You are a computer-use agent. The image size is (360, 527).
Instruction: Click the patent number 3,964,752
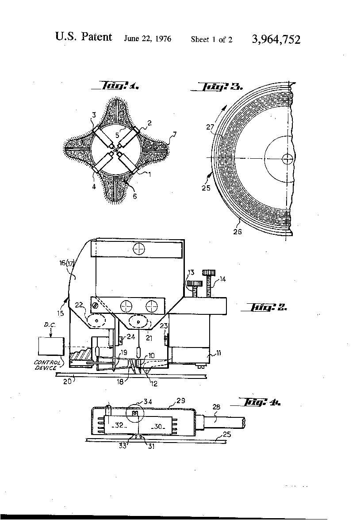pyautogui.click(x=276, y=40)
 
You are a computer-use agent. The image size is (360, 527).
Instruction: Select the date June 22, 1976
pyautogui.click(x=147, y=39)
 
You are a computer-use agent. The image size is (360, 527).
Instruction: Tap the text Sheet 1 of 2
pyautogui.click(x=211, y=40)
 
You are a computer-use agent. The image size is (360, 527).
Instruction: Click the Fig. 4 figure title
pyautogui.click(x=260, y=402)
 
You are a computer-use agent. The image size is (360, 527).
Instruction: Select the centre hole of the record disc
pyautogui.click(x=287, y=158)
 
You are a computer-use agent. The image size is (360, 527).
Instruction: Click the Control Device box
pyautogui.click(x=51, y=346)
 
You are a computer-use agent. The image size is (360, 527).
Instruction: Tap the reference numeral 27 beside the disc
pyautogui.click(x=210, y=127)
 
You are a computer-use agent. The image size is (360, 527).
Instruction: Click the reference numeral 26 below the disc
pyautogui.click(x=237, y=232)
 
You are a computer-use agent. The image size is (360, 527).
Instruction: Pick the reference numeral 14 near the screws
pyautogui.click(x=222, y=279)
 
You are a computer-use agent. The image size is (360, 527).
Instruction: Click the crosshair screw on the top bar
pyautogui.click(x=138, y=249)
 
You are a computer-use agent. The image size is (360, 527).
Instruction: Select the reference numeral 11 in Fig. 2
pyautogui.click(x=218, y=353)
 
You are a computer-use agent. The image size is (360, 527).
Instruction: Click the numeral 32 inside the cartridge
pyautogui.click(x=119, y=425)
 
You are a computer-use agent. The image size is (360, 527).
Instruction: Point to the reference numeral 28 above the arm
pyautogui.click(x=216, y=407)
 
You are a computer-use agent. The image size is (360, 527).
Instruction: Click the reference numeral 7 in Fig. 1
pyautogui.click(x=174, y=135)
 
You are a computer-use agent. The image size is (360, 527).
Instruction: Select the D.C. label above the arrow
pyautogui.click(x=50, y=325)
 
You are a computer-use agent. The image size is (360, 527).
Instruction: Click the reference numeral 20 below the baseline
pyautogui.click(x=68, y=381)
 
